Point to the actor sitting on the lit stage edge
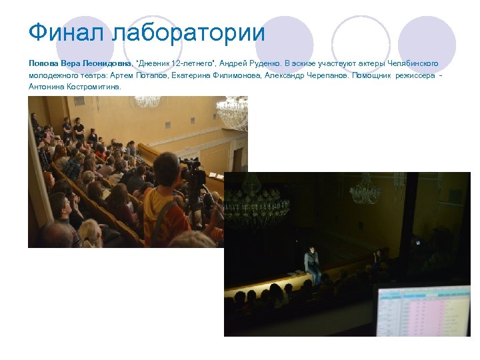point(311,263)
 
